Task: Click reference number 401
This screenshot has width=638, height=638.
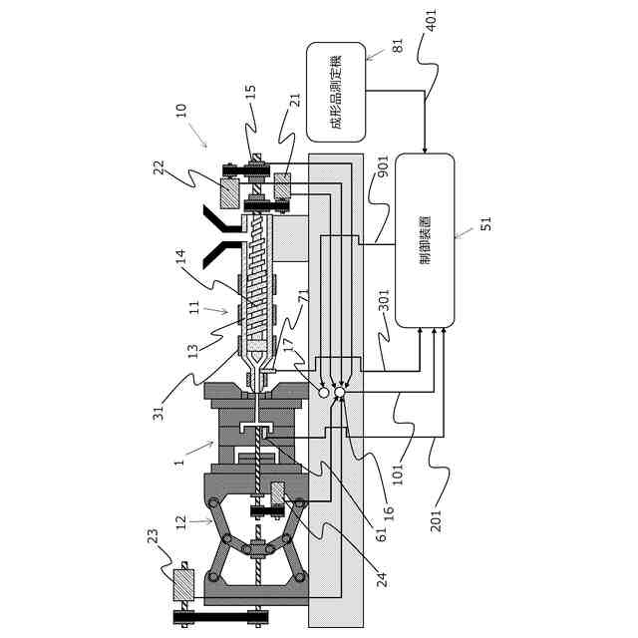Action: [x=435, y=22]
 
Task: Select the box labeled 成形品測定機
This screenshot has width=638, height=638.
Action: [x=336, y=92]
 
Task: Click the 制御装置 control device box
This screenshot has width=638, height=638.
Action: [x=425, y=240]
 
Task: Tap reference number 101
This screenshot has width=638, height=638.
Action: [x=398, y=472]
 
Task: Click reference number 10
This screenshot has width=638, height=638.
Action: [x=180, y=111]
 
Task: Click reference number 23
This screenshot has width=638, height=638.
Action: [x=153, y=539]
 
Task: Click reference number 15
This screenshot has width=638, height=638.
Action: [x=250, y=94]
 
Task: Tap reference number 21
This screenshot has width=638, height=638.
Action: [x=295, y=101]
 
